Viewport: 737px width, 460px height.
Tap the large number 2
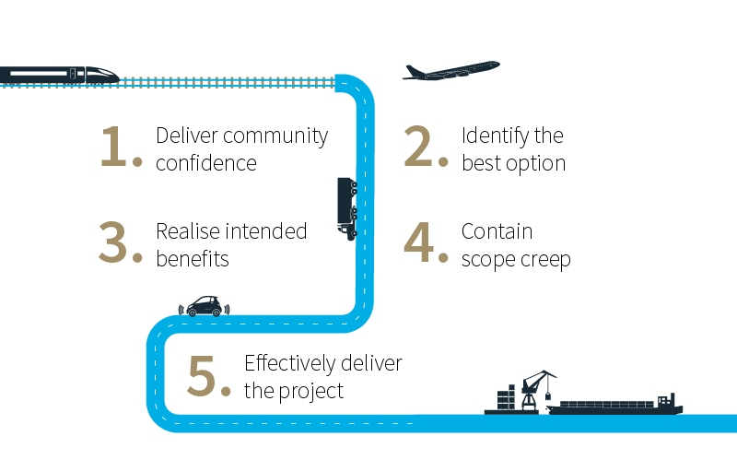point(422,148)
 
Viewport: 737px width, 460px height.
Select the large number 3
point(117,244)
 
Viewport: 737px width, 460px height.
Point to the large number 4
point(422,244)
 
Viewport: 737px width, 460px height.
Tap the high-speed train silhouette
point(59,75)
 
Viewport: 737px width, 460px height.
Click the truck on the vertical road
point(346,207)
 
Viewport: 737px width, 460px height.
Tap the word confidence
point(205,164)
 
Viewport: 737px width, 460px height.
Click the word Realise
point(186,231)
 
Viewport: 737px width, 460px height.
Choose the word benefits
point(192,259)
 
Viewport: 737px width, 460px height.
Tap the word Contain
point(497,231)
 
